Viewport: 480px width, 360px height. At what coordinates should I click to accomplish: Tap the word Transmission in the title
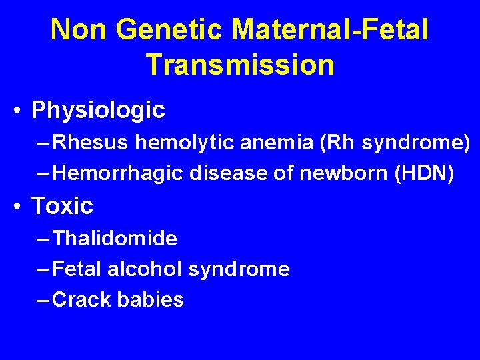pyautogui.click(x=240, y=64)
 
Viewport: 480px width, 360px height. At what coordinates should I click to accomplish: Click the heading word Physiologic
pyautogui.click(x=98, y=110)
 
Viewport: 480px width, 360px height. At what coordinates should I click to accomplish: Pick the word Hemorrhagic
pyautogui.click(x=117, y=173)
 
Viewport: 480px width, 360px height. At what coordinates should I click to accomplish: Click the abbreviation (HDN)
pyautogui.click(x=425, y=173)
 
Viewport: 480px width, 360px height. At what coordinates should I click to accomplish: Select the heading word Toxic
pyautogui.click(x=62, y=206)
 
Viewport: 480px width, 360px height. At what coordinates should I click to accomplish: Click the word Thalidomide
pyautogui.click(x=115, y=238)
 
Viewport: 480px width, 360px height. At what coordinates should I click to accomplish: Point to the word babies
pyautogui.click(x=150, y=300)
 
